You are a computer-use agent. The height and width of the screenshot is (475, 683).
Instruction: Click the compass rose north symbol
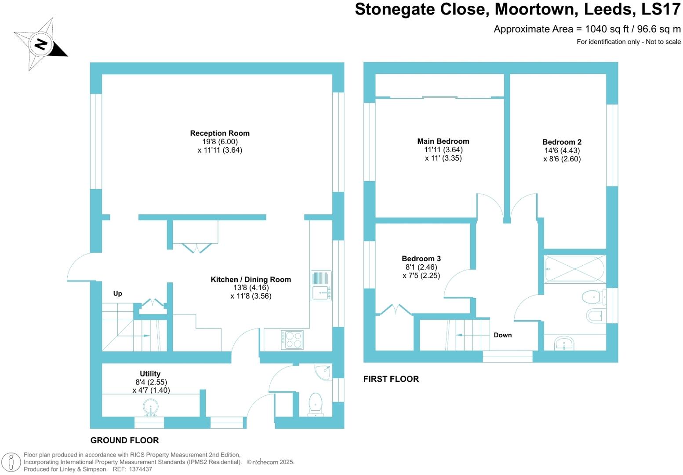[x=40, y=44]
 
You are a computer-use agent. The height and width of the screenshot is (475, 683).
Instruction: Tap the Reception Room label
[x=220, y=133]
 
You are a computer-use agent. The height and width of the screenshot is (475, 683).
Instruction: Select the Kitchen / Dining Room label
[x=251, y=279]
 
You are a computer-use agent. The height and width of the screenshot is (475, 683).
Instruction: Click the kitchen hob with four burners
[x=292, y=340]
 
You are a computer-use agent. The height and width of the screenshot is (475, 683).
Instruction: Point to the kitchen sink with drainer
[x=321, y=286]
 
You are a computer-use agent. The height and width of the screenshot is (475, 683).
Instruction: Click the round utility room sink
[x=150, y=408]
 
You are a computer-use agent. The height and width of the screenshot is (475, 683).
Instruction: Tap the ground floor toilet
[x=316, y=404]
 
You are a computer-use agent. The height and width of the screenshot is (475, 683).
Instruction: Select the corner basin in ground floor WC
[x=324, y=372]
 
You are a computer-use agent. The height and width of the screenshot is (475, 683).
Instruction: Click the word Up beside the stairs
[x=117, y=293]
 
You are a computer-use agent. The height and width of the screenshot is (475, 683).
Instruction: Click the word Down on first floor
[x=502, y=335]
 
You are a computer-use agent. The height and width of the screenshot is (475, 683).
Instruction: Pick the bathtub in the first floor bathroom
[x=575, y=269]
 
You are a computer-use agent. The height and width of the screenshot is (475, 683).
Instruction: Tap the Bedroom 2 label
[x=562, y=142]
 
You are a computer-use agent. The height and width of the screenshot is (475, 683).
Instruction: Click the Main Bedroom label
[x=443, y=141]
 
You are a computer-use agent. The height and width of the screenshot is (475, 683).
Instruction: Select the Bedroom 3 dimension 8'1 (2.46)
[x=421, y=267]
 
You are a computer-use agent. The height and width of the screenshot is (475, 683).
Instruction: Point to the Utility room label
[x=150, y=374]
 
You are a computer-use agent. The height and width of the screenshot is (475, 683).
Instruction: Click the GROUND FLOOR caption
[x=124, y=440]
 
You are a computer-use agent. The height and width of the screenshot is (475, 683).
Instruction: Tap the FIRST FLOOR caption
[x=391, y=379]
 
